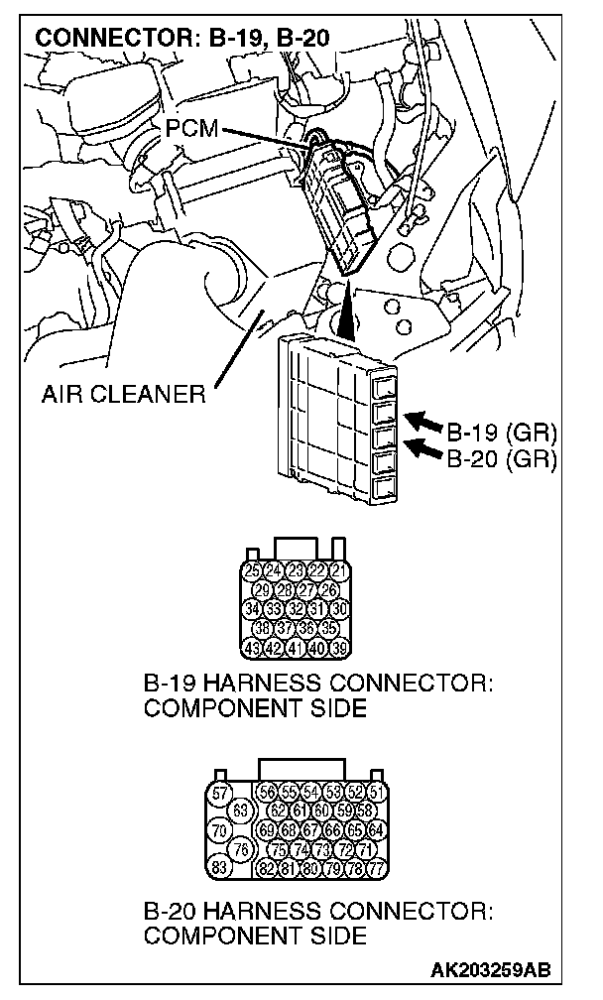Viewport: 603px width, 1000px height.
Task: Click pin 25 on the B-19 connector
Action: (253, 570)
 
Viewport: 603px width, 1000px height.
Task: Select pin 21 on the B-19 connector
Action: (340, 570)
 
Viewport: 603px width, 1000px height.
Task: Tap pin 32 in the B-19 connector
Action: (296, 608)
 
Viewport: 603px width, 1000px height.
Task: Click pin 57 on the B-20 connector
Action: (220, 793)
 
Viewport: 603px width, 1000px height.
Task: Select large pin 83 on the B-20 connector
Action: (220, 867)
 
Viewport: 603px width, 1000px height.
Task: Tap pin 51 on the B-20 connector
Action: (375, 792)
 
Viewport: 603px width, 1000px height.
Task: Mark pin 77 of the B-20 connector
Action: (375, 868)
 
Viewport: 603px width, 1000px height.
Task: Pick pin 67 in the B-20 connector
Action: (309, 830)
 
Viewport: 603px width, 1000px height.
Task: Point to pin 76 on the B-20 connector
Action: (239, 849)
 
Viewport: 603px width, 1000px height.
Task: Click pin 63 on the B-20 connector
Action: (239, 812)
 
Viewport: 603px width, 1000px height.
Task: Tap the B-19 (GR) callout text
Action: (502, 434)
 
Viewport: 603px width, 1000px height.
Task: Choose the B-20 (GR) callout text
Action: (502, 458)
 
